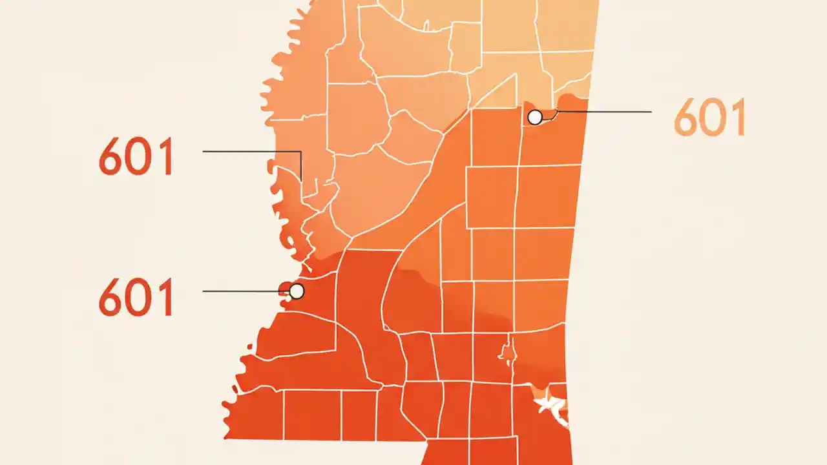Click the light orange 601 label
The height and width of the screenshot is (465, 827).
click(709, 118)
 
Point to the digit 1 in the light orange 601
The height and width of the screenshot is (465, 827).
click(737, 118)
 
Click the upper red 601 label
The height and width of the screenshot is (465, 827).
click(136, 157)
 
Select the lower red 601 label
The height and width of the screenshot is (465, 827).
click(136, 297)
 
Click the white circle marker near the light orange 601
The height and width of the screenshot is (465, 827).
click(535, 117)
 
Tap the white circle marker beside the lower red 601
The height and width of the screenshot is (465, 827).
click(297, 291)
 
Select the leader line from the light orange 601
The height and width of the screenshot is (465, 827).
click(604, 112)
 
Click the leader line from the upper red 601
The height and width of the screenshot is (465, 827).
click(252, 152)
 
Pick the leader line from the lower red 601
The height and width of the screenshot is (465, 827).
click(246, 291)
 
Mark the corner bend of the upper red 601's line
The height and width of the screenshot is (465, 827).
click(301, 152)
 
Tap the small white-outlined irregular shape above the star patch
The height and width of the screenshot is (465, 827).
click(507, 352)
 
